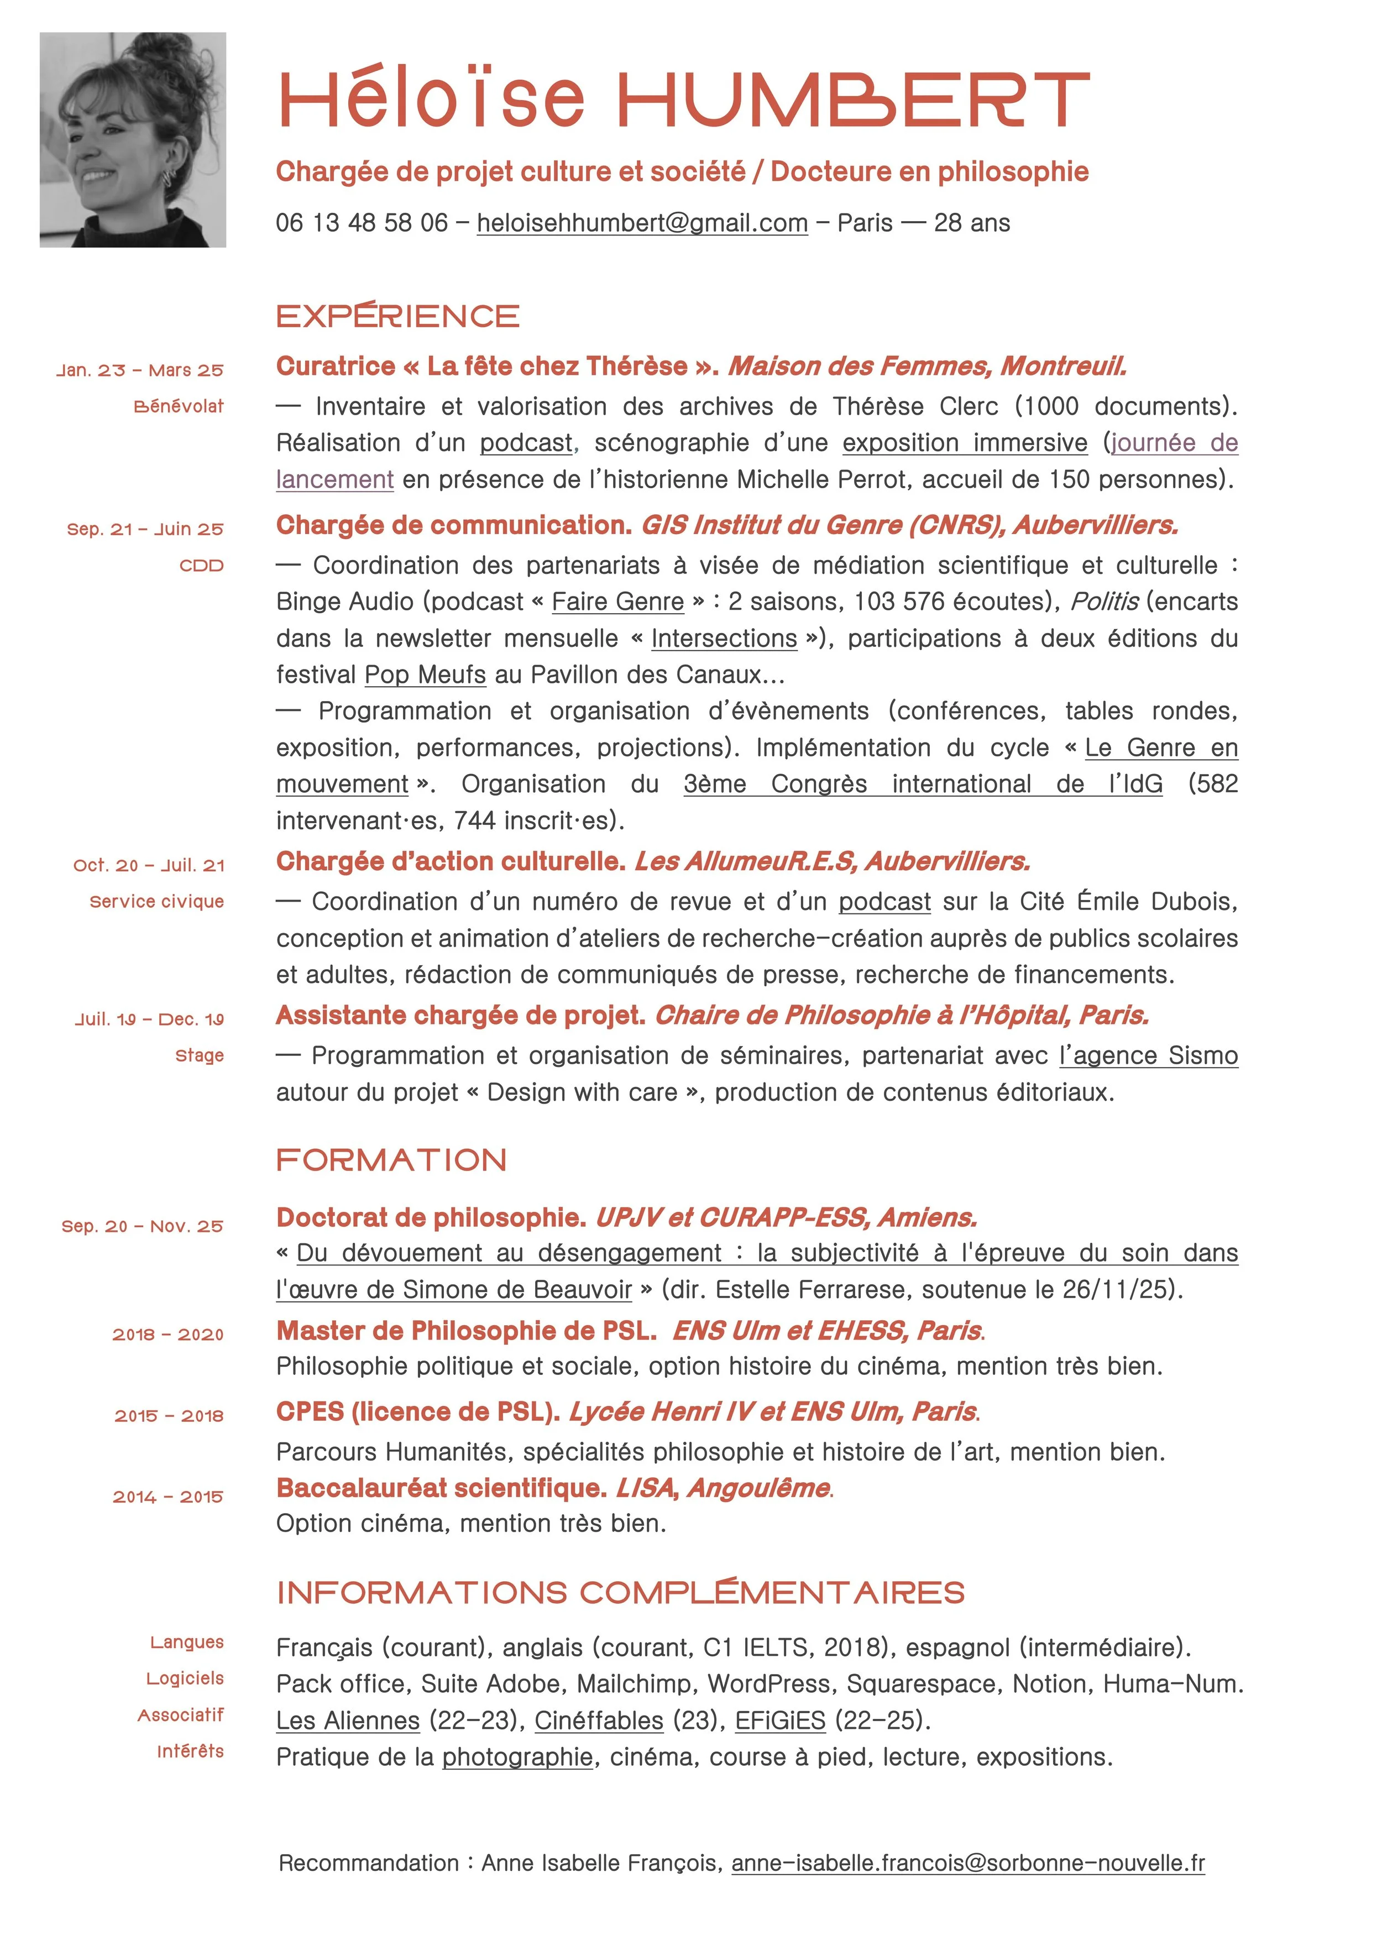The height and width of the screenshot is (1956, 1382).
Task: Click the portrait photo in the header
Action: (x=133, y=140)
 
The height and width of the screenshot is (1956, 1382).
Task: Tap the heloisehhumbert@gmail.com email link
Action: (x=642, y=223)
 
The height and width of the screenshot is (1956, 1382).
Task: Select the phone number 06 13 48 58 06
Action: (x=362, y=223)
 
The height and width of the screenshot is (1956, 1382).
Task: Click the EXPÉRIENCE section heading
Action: (x=398, y=316)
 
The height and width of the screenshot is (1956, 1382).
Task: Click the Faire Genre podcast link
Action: (x=617, y=602)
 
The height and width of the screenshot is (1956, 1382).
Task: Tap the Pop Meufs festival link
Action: (x=425, y=674)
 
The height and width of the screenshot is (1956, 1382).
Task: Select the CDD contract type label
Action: (x=201, y=566)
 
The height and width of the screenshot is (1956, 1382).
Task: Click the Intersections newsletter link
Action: (x=724, y=638)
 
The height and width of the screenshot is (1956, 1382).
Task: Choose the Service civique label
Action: (x=157, y=901)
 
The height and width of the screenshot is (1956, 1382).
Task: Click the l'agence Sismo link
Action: (x=1149, y=1055)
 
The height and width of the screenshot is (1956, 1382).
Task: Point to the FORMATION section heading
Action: (x=391, y=1160)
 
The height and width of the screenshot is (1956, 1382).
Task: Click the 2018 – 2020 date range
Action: (x=168, y=1335)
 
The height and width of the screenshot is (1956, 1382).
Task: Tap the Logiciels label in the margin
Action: (x=185, y=1679)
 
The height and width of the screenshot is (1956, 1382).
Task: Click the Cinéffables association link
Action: (x=599, y=1721)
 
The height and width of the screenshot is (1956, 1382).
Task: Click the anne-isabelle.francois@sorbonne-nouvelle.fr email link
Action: (x=968, y=1863)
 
